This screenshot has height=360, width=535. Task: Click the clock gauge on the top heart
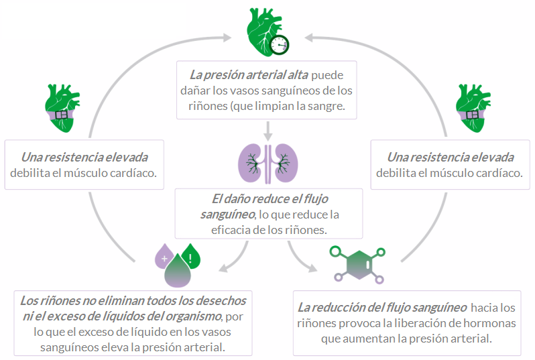coord(280,44)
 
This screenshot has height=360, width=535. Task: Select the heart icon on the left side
coord(63,108)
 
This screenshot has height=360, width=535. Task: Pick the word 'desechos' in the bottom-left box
coord(221,300)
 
